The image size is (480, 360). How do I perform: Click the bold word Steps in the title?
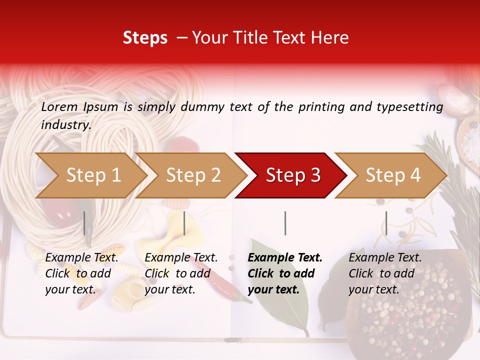145,37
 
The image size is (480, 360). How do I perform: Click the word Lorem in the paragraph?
59,106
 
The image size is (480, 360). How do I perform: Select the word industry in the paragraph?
65,124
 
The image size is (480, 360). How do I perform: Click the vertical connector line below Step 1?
84,223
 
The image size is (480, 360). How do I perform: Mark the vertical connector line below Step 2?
184,223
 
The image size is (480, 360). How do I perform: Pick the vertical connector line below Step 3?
285,223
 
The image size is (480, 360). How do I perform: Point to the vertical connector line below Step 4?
386,223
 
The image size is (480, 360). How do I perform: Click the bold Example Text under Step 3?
285,258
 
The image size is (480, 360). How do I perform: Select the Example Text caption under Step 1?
82,258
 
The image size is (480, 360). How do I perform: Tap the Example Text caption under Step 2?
181,258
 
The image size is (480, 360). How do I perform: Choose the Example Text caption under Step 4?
385,258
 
